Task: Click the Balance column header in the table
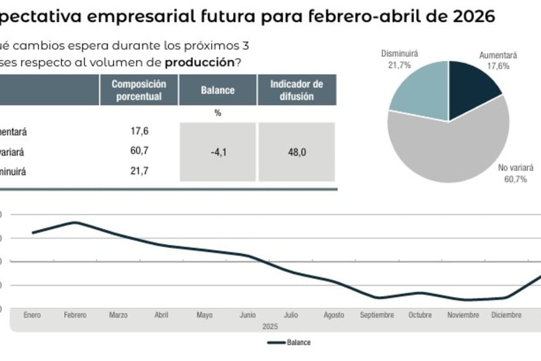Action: tap(218, 90)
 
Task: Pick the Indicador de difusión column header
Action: tap(297, 90)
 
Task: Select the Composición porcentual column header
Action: tap(139, 90)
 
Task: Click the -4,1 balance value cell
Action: tap(218, 152)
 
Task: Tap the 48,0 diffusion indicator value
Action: tap(297, 152)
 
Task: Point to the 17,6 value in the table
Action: tap(139, 131)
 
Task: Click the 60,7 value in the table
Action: tap(139, 151)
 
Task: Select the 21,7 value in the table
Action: tap(139, 170)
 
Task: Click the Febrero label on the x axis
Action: tap(75, 316)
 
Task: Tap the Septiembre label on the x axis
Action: tap(377, 316)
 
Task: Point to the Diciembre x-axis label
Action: tap(506, 316)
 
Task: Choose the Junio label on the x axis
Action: tap(247, 316)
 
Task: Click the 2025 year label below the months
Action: tap(269, 326)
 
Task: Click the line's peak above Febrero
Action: tap(75, 222)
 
